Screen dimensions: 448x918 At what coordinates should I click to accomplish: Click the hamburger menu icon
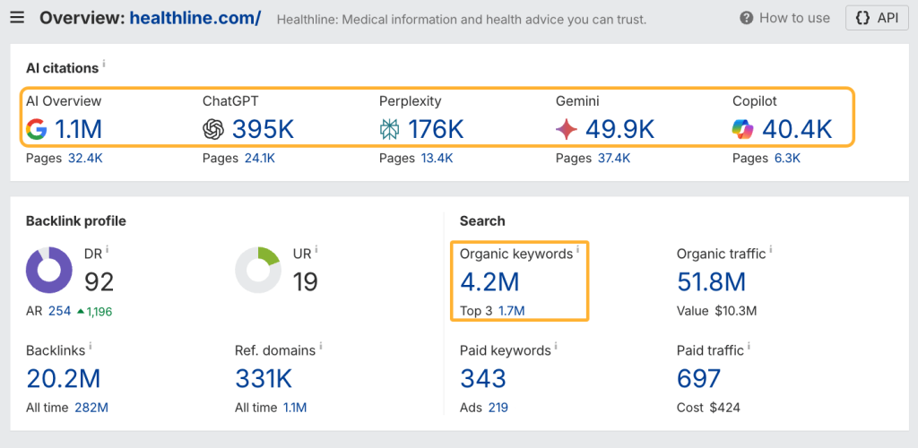[18, 18]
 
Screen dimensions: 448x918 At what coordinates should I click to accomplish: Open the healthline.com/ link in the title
[195, 18]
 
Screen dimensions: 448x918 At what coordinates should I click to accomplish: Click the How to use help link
[785, 18]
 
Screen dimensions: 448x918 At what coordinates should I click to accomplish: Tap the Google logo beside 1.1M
[36, 130]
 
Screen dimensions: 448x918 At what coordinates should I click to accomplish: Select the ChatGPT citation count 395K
[263, 130]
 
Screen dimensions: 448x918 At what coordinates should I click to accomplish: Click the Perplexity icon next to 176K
[389, 130]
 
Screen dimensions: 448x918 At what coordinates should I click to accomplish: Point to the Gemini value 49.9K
[619, 130]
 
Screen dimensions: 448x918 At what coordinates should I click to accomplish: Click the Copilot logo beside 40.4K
[743, 130]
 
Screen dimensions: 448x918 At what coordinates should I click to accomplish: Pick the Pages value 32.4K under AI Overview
[85, 159]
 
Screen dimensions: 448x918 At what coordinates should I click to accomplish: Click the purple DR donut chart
[49, 270]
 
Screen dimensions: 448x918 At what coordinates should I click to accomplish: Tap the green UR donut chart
[258, 270]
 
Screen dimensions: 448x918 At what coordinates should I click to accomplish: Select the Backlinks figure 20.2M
[63, 379]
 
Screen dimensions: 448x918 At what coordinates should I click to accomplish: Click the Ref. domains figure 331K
[264, 379]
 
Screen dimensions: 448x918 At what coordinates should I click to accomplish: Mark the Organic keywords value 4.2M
[489, 282]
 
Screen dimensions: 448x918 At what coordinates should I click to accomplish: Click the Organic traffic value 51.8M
[711, 282]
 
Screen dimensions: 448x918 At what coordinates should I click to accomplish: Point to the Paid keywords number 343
[483, 379]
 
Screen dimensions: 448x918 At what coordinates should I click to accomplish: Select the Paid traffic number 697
[698, 379]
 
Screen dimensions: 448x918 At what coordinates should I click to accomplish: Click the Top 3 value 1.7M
[511, 311]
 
